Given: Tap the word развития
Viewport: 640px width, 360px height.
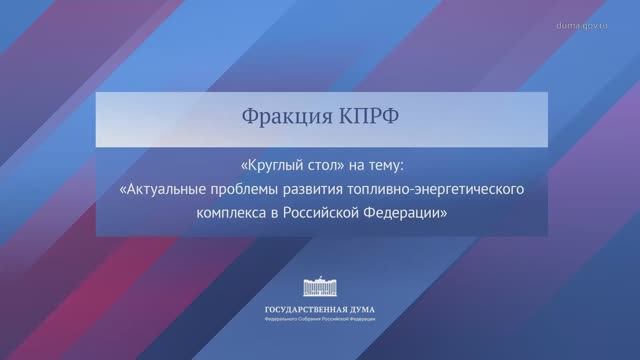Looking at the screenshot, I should [x=320, y=187].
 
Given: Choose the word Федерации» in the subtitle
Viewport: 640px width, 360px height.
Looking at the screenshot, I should [x=409, y=212].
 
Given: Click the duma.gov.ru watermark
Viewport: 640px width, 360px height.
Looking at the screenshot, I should [x=597, y=23].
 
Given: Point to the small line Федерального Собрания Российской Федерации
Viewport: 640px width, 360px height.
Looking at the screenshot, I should [x=320, y=321].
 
